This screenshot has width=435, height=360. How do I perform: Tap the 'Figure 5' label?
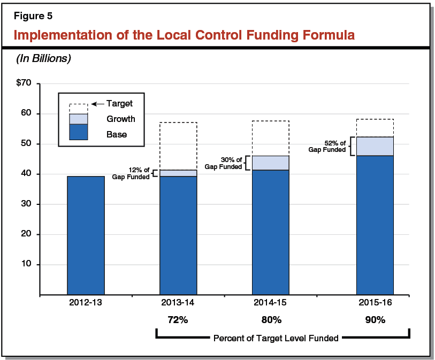pyautogui.click(x=33, y=16)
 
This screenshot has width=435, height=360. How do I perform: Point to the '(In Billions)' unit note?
pyautogui.click(x=43, y=58)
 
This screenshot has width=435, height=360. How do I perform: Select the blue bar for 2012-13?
pyautogui.click(x=86, y=235)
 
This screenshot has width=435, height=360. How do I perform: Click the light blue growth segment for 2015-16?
pyautogui.click(x=375, y=146)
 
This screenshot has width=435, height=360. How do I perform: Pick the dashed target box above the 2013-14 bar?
pyautogui.click(x=178, y=146)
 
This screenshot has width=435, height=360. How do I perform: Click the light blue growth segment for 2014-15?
pyautogui.click(x=270, y=163)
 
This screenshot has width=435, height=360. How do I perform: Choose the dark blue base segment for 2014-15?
pyautogui.click(x=270, y=232)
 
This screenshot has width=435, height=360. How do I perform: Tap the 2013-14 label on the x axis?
pyautogui.click(x=178, y=302)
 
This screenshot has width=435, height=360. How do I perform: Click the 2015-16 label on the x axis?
pyautogui.click(x=375, y=302)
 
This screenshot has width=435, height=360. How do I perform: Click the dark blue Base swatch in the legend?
pyautogui.click(x=79, y=132)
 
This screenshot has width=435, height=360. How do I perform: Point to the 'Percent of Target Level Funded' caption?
pyautogui.click(x=276, y=338)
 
